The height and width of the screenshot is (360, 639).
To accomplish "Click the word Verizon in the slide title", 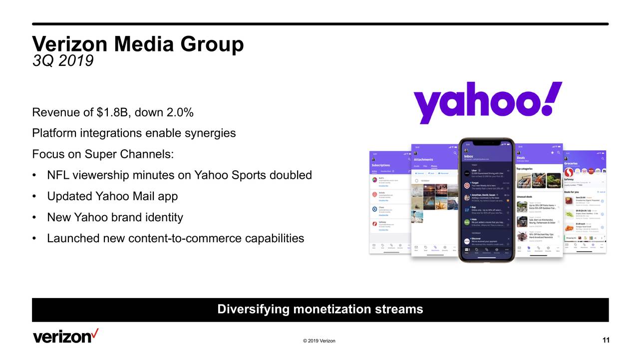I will coord(69,44).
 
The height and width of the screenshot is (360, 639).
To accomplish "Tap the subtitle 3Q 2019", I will coord(62,61).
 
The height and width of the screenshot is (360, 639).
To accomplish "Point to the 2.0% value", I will coord(179,112).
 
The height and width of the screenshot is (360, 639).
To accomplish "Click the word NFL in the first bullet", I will coord(58,175).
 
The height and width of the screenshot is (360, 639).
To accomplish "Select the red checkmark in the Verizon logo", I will coord(94,333).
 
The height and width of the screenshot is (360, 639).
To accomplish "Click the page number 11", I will coord(606,341).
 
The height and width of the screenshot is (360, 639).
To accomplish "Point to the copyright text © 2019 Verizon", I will coord(319,341).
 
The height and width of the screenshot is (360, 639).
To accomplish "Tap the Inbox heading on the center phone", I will coord(469,156).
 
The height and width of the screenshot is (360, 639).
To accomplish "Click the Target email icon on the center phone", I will coord(467,185).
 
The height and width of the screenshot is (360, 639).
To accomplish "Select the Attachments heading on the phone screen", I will coord(423,160).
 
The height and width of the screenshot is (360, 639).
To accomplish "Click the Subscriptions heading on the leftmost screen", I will coord(381,165).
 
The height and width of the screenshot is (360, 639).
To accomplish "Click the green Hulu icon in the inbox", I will coord(467,222).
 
